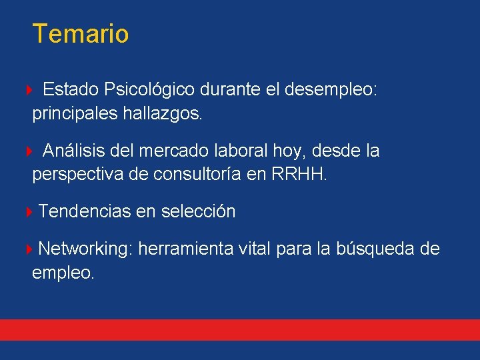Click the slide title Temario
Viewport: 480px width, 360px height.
tap(80, 33)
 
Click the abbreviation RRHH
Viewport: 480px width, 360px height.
tap(299, 175)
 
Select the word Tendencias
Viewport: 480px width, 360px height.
tap(85, 212)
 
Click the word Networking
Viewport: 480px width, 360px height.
tap(85, 249)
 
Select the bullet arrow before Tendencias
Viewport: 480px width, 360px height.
tap(29, 213)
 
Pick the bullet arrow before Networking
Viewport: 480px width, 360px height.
tap(29, 250)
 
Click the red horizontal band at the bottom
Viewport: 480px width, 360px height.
tap(240, 329)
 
